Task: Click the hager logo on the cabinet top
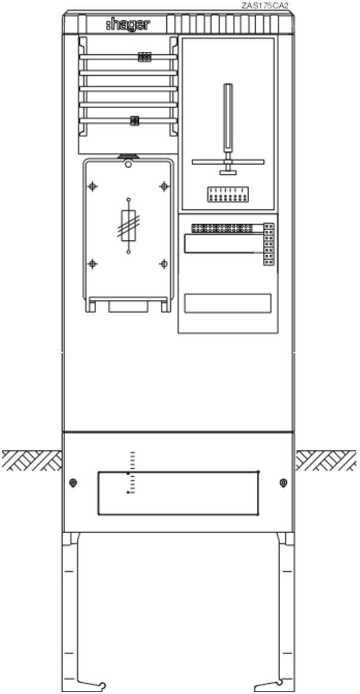point(128,25)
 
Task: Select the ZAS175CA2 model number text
point(265,6)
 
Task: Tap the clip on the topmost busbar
point(145,57)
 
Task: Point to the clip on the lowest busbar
point(135,120)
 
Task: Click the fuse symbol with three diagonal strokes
point(129,225)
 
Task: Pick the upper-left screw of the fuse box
point(92,187)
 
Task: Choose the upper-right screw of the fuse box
point(164,187)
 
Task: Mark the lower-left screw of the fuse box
point(92,264)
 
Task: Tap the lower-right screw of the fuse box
point(164,264)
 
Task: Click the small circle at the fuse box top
point(128,164)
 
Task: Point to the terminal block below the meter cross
point(228,194)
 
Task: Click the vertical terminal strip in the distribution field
point(268,244)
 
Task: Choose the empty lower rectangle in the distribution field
point(228,303)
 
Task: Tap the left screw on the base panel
point(73,482)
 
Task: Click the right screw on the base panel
point(284,482)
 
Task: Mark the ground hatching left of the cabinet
point(32,460)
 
